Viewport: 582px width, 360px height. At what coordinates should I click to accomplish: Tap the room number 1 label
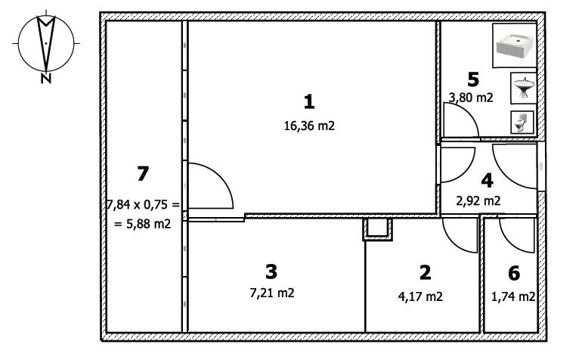(x=308, y=101)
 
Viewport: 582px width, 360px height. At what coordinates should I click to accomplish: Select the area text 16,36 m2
(x=307, y=126)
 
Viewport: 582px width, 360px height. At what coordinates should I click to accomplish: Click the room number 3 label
(x=271, y=270)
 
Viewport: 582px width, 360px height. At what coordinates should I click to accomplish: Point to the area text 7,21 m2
(x=271, y=293)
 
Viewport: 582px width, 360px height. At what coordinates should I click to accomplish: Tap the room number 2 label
(x=425, y=272)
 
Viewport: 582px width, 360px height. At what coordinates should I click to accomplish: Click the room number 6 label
(x=514, y=272)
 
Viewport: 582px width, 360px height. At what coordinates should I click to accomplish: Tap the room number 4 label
(x=487, y=180)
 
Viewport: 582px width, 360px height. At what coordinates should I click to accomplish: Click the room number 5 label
(x=473, y=78)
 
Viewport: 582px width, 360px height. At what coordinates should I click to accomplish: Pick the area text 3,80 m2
(x=471, y=97)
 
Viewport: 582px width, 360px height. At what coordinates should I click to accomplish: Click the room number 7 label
(x=142, y=173)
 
